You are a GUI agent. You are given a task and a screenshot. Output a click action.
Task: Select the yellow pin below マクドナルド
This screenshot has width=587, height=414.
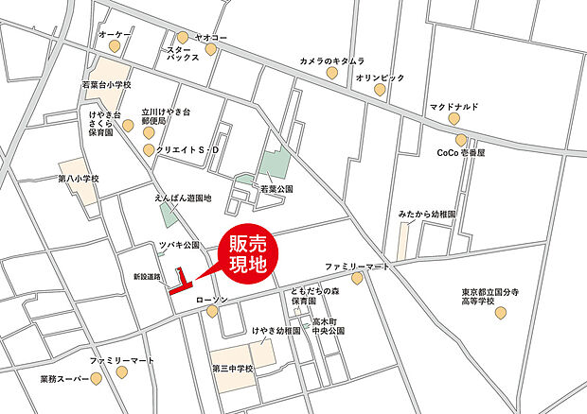tap(454, 121)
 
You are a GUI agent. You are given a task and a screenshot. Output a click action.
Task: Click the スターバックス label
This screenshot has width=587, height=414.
tap(183, 53)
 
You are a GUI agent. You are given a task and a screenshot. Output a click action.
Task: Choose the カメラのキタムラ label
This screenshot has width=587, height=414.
tap(331, 60)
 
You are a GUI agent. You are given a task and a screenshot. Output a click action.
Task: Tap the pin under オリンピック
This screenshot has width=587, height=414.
tap(379, 90)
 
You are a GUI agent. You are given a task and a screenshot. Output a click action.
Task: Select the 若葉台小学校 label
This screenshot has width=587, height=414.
tap(105, 84)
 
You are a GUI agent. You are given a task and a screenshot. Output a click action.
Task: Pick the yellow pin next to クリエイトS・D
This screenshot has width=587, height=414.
tap(149, 150)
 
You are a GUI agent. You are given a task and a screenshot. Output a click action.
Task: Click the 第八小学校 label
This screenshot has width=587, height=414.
tap(78, 178)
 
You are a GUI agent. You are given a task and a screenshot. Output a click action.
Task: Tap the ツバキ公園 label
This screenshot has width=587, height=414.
tap(179, 245)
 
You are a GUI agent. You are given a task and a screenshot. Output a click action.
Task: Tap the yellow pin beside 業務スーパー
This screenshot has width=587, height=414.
tap(97, 379)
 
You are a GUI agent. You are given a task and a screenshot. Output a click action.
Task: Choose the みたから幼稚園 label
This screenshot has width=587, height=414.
tap(427, 215)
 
